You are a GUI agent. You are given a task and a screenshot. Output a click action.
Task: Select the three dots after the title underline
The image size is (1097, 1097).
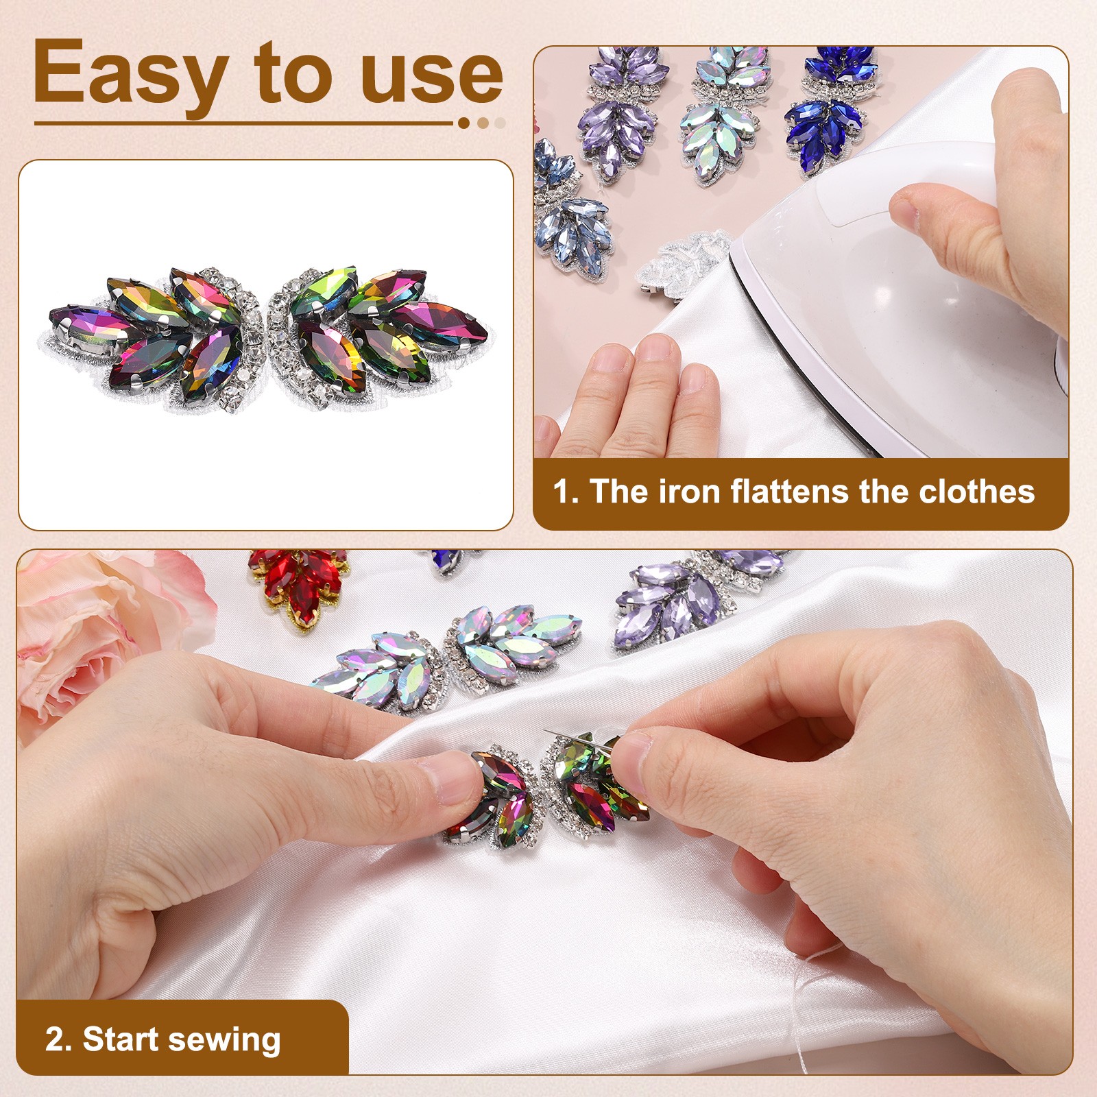(483, 123)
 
